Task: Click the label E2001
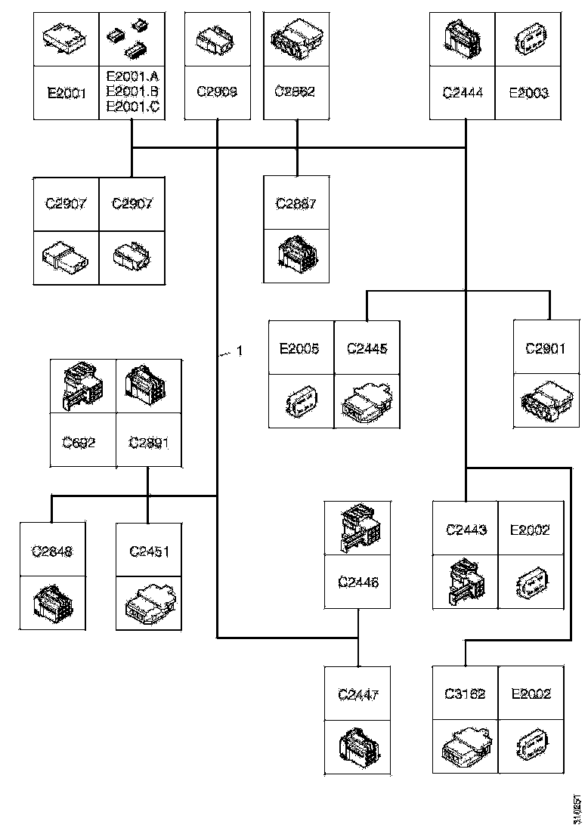[x=67, y=93]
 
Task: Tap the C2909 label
[x=217, y=93]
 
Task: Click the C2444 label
[x=463, y=93]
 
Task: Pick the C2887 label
[x=296, y=203]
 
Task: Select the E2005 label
[x=300, y=348]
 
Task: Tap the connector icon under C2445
[x=367, y=397]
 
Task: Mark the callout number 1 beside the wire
[x=240, y=351]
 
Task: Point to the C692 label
[x=82, y=442]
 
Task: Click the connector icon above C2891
[x=148, y=385]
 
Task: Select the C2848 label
[x=51, y=551]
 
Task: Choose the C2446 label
[x=357, y=582]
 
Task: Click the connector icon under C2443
[x=465, y=582]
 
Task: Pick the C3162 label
[x=465, y=694]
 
